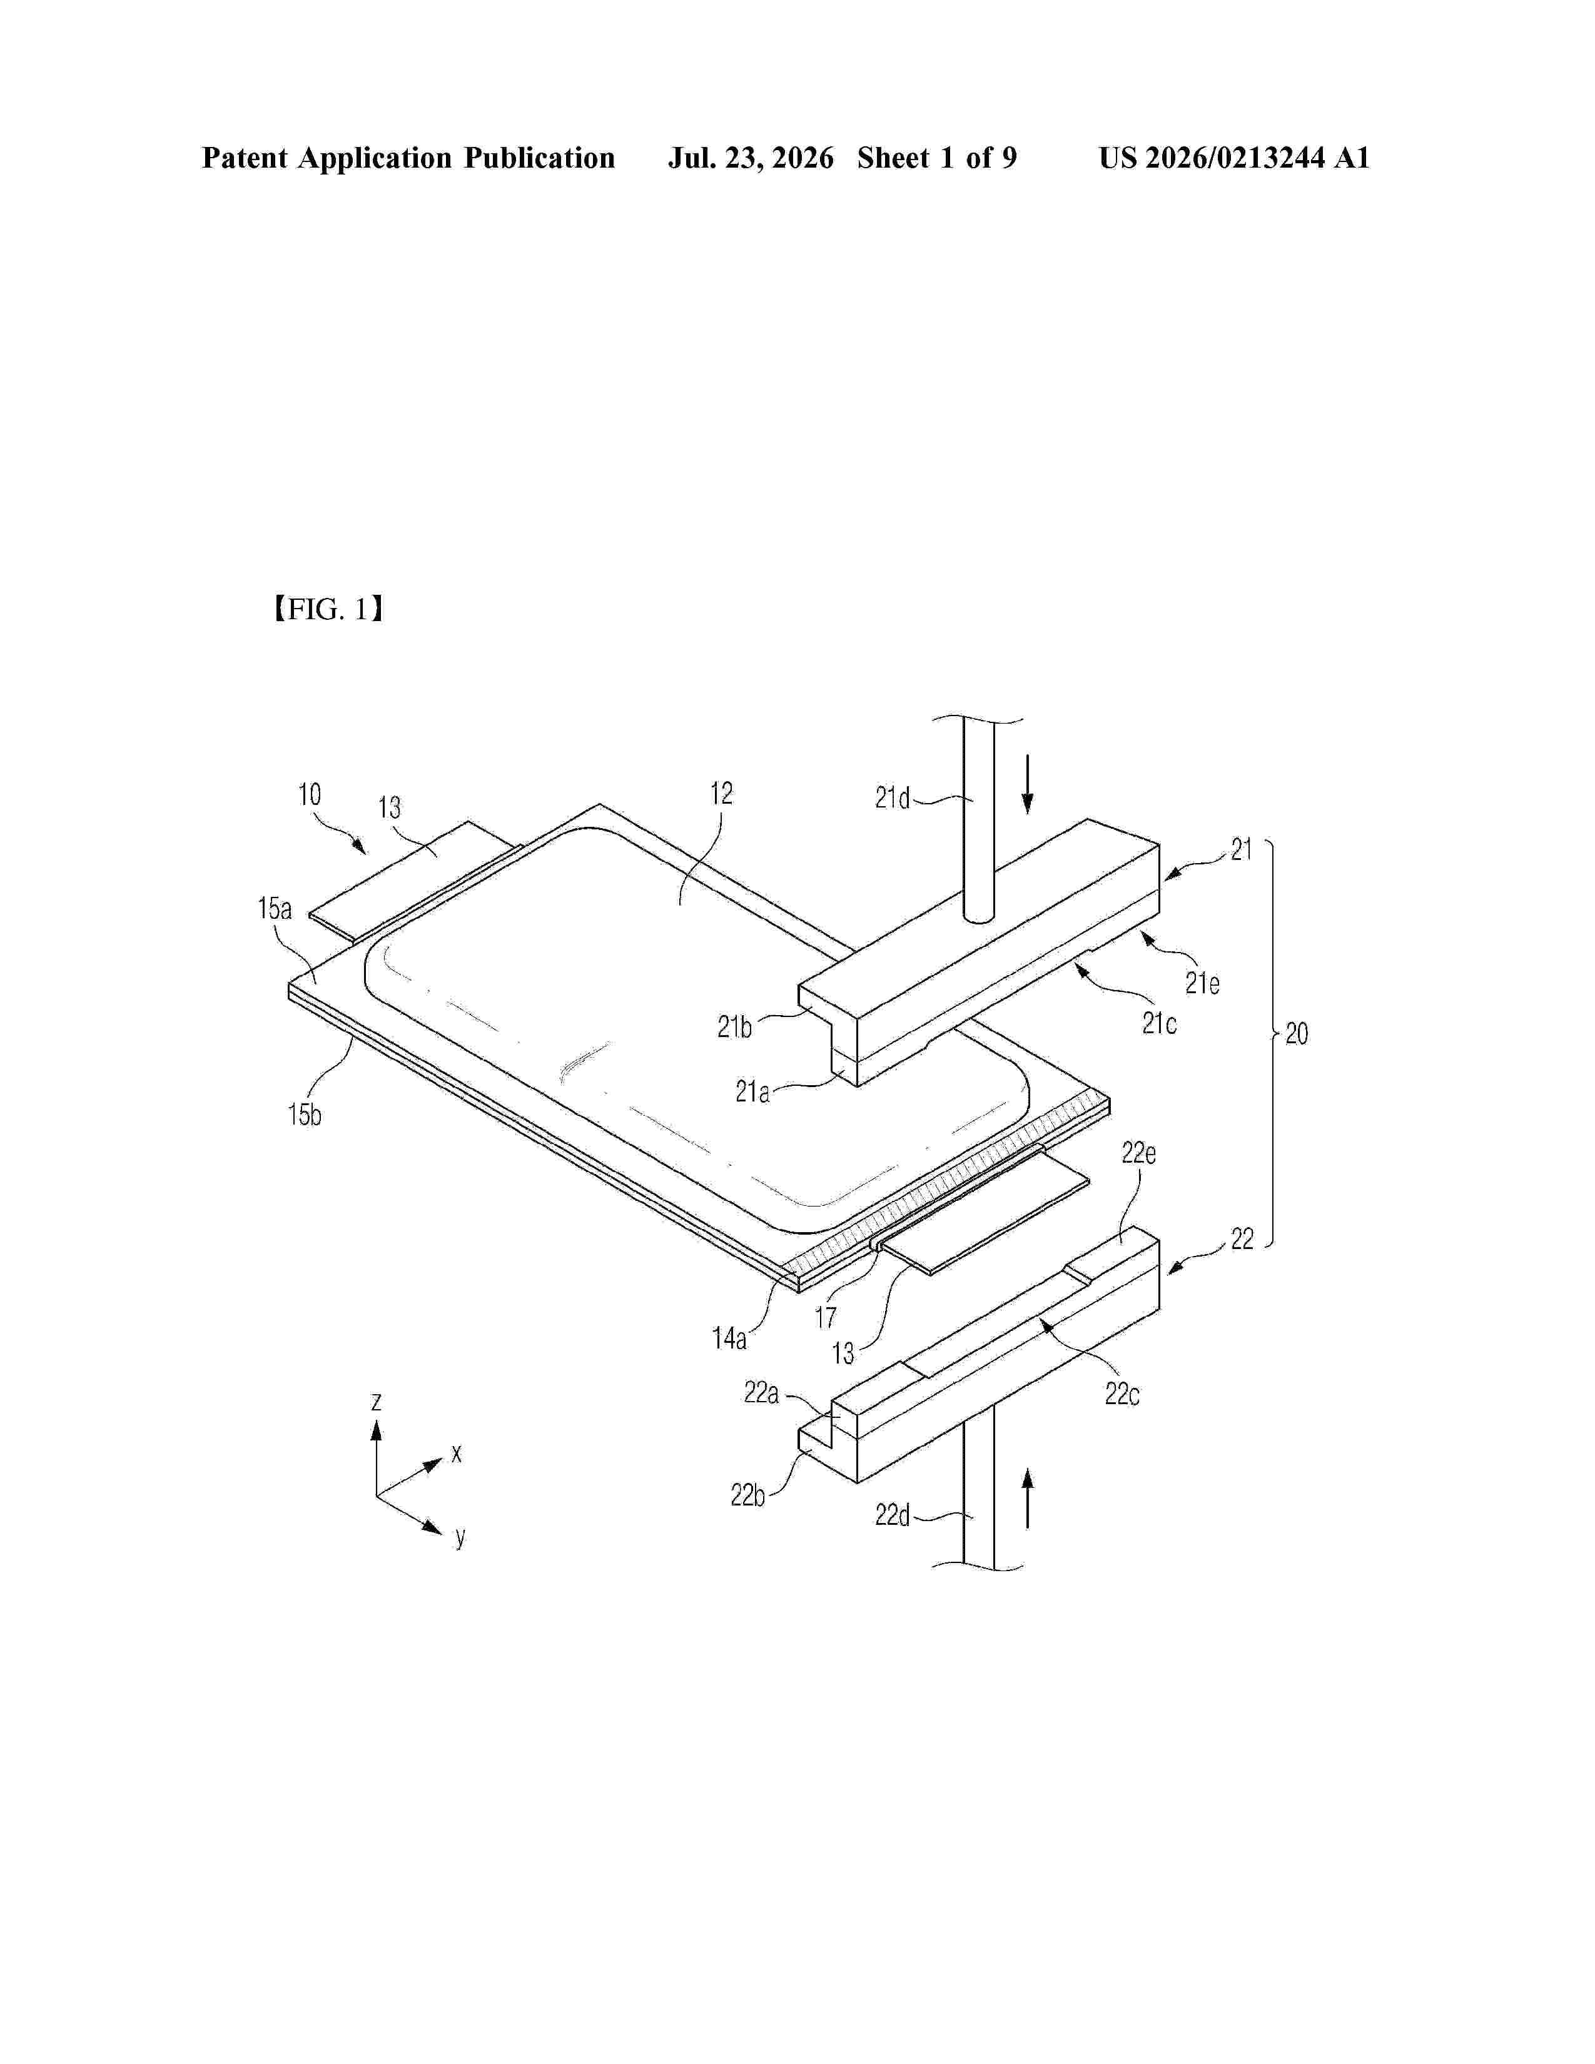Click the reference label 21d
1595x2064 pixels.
[x=892, y=799]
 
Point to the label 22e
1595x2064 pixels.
[x=1138, y=1153]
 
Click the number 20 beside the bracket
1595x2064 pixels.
[x=1297, y=1034]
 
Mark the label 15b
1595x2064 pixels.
[x=304, y=1115]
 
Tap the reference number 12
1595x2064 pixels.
[x=721, y=794]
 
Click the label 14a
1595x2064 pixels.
[x=729, y=1338]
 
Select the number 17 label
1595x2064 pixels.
[x=826, y=1317]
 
